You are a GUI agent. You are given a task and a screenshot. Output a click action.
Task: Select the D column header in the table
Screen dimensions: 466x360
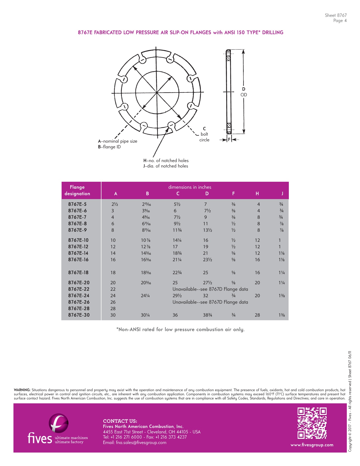pyautogui.click(x=207, y=193)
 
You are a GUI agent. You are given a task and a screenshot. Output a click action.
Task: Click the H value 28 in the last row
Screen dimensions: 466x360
pyautogui.click(x=257, y=315)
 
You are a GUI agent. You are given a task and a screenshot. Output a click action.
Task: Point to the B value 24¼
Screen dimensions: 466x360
pyautogui.click(x=145, y=296)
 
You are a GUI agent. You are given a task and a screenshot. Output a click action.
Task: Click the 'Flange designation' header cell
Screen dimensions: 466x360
pyautogui.click(x=77, y=190)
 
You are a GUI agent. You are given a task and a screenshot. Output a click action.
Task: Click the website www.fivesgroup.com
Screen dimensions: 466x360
pyautogui.click(x=312, y=445)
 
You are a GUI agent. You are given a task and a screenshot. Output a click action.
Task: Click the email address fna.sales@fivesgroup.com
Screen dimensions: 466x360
pyautogui.click(x=135, y=442)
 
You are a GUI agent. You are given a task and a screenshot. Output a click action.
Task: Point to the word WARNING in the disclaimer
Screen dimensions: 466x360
pyautogui.click(x=22, y=390)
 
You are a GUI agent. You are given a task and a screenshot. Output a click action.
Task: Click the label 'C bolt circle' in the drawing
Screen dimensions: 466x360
pyautogui.click(x=204, y=134)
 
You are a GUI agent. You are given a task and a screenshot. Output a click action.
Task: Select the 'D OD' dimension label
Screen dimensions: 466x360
pyautogui.click(x=244, y=92)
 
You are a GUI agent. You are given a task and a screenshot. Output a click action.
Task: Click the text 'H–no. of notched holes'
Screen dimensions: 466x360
pyautogui.click(x=166, y=161)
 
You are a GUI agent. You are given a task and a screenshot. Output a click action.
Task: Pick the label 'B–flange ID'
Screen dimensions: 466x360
pyautogui.click(x=109, y=147)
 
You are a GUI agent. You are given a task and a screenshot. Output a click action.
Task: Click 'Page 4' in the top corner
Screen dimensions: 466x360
pyautogui.click(x=340, y=21)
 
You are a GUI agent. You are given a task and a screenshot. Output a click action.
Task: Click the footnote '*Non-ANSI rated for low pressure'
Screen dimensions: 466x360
pyautogui.click(x=180, y=330)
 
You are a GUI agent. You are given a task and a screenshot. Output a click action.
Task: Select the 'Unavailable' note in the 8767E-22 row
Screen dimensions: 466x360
pyautogui.click(x=210, y=289)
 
